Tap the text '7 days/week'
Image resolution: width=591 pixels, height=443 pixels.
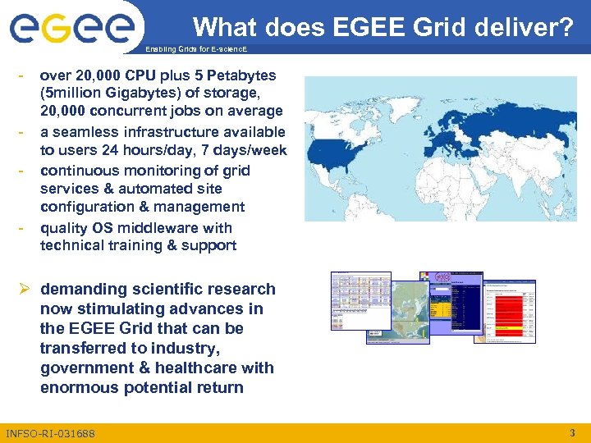[246, 150]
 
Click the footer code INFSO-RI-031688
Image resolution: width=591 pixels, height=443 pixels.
[50, 433]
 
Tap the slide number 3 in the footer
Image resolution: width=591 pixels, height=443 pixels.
[571, 432]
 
